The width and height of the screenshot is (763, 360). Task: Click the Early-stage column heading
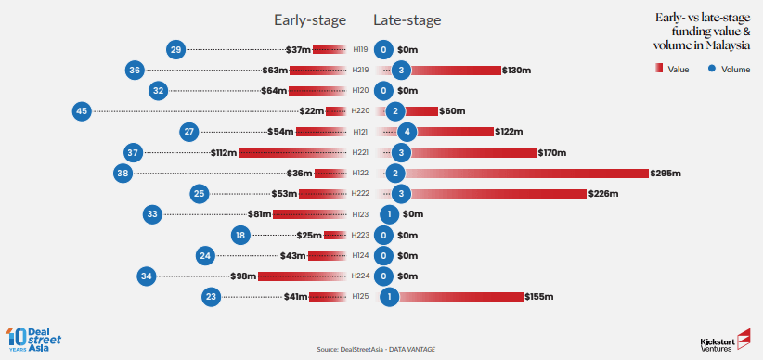click(x=309, y=20)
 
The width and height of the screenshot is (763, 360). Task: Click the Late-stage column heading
click(x=407, y=20)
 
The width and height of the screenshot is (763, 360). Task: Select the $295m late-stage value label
click(x=666, y=174)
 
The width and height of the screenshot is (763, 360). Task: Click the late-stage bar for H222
click(x=499, y=194)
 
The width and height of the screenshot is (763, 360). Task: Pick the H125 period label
click(x=361, y=296)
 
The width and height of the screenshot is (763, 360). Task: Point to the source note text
click(x=376, y=349)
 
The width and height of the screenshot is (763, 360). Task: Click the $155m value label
click(x=539, y=297)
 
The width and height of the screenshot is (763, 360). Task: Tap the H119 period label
click(x=361, y=49)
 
